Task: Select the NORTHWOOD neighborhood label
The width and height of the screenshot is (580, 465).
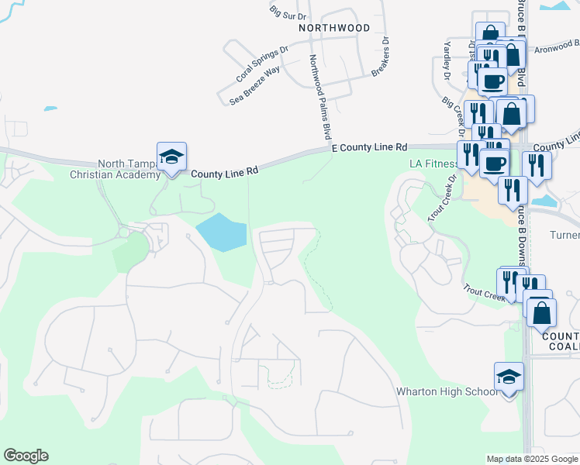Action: [334, 27]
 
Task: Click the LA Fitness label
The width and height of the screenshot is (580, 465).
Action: [433, 164]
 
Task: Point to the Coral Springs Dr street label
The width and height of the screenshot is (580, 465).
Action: [261, 64]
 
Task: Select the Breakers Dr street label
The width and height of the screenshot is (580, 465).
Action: [380, 58]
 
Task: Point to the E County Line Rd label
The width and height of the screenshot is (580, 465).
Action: [369, 146]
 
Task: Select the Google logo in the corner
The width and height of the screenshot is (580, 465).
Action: [26, 456]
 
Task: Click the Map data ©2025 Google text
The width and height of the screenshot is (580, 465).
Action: [532, 459]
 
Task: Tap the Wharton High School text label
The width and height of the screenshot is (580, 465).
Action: [447, 391]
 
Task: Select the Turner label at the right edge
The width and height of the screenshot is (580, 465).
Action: [564, 235]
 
